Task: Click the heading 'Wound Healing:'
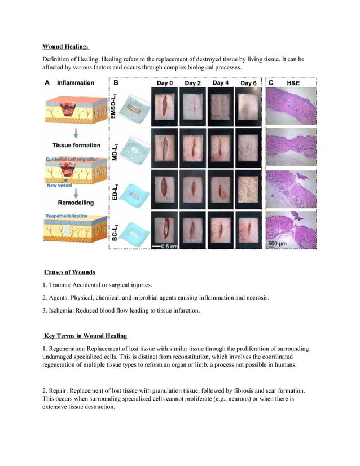click(x=66, y=47)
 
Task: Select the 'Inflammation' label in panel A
click(x=76, y=83)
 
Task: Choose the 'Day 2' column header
click(x=192, y=83)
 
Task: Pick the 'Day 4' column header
click(x=220, y=83)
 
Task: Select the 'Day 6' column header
click(x=248, y=83)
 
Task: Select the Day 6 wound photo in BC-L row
click(x=248, y=229)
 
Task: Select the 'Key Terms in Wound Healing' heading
click(x=86, y=337)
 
